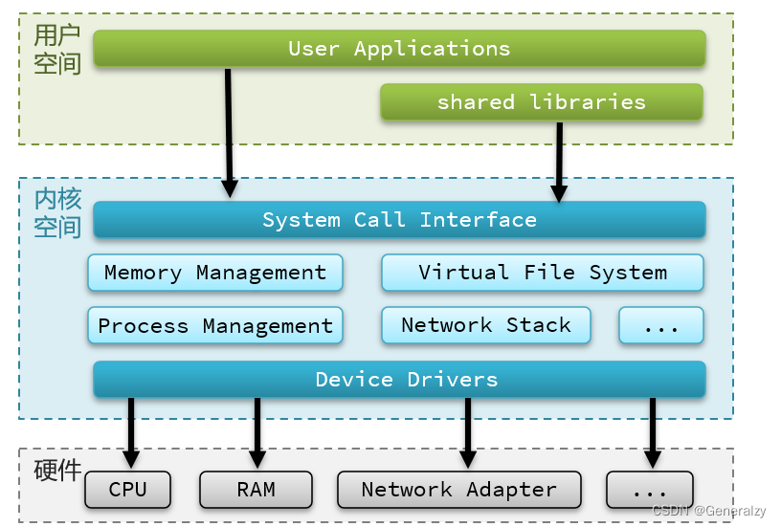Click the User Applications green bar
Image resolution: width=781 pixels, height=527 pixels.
[399, 49]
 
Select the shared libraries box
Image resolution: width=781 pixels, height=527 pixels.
[541, 102]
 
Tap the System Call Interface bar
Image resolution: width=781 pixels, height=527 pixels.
[399, 220]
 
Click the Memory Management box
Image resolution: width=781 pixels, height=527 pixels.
[214, 273]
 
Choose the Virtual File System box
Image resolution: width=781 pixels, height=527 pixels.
[542, 273]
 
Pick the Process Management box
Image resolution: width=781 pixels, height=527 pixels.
[214, 326]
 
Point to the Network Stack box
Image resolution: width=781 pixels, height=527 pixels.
[485, 325]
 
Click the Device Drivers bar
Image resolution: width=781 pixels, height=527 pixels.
[399, 380]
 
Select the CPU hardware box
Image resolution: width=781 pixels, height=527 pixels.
[127, 490]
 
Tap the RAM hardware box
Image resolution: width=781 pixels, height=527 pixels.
[256, 490]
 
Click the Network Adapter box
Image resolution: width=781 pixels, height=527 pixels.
[458, 490]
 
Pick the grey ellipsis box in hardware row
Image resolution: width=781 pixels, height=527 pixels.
[650, 490]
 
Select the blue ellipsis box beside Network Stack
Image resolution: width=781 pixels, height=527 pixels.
[660, 326]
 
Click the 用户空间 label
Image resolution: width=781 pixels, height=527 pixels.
[57, 50]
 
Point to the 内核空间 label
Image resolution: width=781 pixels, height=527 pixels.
[57, 213]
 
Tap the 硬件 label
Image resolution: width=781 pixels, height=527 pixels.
[57, 471]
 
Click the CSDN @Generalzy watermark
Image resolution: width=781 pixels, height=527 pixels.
[709, 511]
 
